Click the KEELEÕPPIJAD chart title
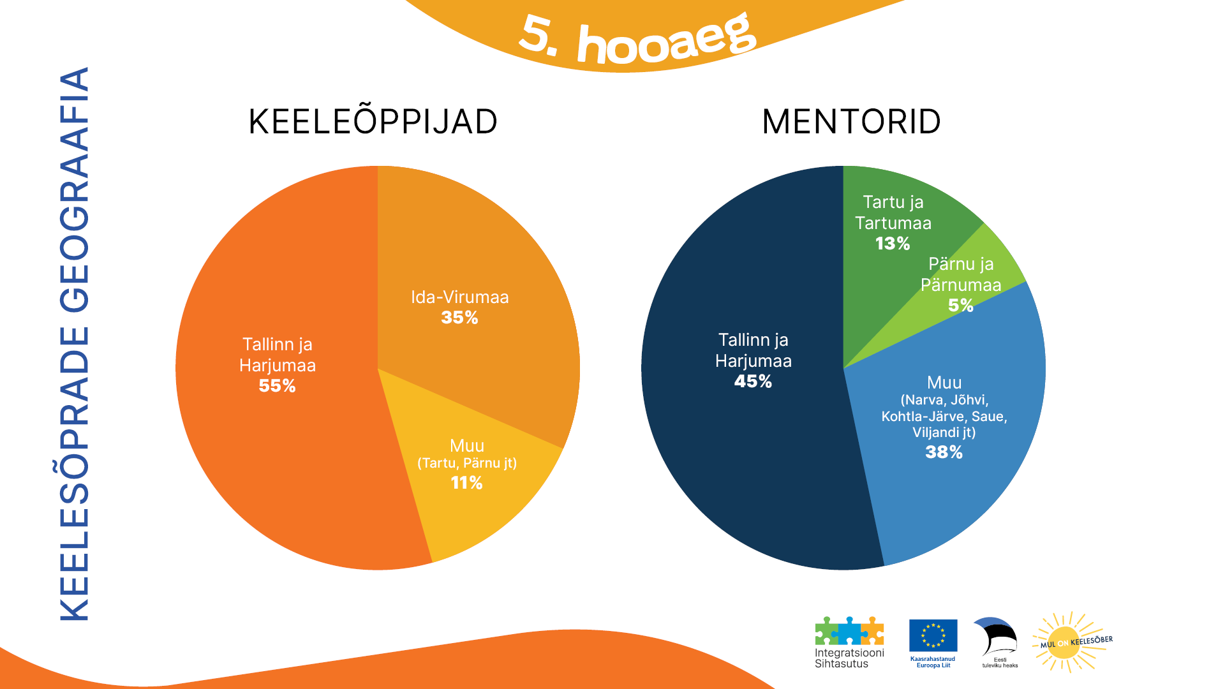coord(373,122)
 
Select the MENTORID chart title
coord(851,122)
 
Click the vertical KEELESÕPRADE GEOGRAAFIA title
coord(75,344)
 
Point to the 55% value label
coord(277,386)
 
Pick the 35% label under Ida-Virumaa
coord(459,318)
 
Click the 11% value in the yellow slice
coord(466,483)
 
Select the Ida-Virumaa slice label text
coord(459,297)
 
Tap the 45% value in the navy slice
coord(753,382)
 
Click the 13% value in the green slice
coord(893,244)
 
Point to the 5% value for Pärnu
coord(961,306)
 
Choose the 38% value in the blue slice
coord(944,452)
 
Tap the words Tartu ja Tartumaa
coord(893,212)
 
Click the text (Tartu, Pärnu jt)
coord(466,463)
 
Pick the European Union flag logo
coord(933,635)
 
